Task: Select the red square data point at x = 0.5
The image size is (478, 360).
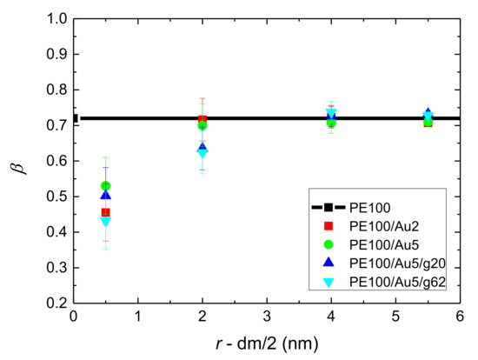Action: [105, 212]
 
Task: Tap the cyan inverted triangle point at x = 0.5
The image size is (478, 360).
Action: [105, 222]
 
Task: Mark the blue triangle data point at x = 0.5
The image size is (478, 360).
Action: [105, 196]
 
